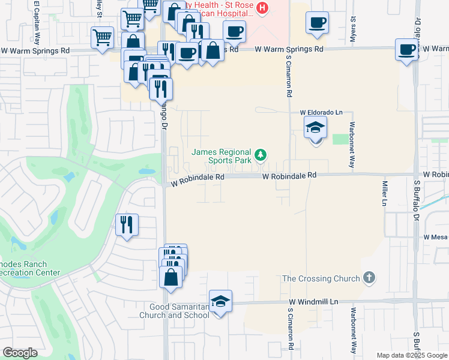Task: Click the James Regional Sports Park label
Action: pyautogui.click(x=221, y=156)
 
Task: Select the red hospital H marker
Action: pyautogui.click(x=262, y=8)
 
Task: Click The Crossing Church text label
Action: pyautogui.click(x=321, y=278)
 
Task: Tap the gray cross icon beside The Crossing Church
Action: pyautogui.click(x=369, y=278)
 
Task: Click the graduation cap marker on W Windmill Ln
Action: pyautogui.click(x=220, y=301)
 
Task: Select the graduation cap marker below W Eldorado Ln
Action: pyautogui.click(x=315, y=127)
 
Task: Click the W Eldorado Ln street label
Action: pyautogui.click(x=321, y=112)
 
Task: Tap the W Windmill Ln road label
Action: pyautogui.click(x=313, y=302)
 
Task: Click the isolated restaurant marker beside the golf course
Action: pyautogui.click(x=127, y=224)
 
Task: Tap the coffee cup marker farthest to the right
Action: pyautogui.click(x=407, y=49)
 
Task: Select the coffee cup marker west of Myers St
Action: pyautogui.click(x=317, y=23)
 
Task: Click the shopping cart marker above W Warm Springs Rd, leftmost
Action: pyautogui.click(x=102, y=37)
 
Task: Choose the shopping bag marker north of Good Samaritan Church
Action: pyautogui.click(x=171, y=277)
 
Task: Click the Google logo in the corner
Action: pyautogui.click(x=20, y=353)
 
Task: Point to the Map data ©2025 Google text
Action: pyautogui.click(x=411, y=355)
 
